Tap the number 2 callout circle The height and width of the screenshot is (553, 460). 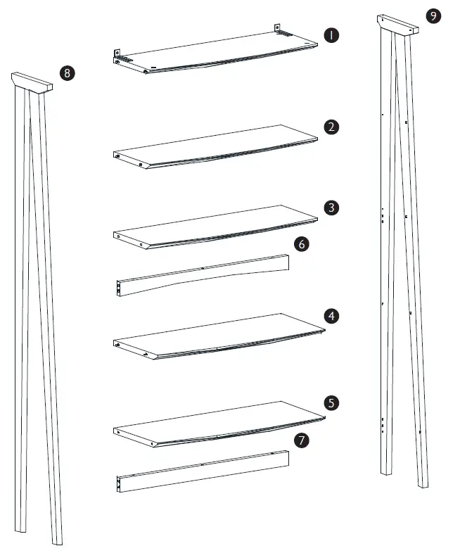point(331,127)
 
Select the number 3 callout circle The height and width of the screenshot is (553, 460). point(331,208)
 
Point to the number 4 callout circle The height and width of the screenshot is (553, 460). point(331,317)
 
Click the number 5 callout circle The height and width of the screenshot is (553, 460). point(331,403)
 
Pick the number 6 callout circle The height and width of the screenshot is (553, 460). point(301,244)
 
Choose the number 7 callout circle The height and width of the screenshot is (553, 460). point(301,440)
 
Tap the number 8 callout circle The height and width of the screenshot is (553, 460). point(68,73)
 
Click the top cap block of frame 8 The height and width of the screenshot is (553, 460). point(32,81)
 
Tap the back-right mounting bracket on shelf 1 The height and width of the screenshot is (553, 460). point(278,29)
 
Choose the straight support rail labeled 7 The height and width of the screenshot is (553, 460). point(204,469)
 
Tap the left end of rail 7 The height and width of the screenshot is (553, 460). point(120,483)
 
